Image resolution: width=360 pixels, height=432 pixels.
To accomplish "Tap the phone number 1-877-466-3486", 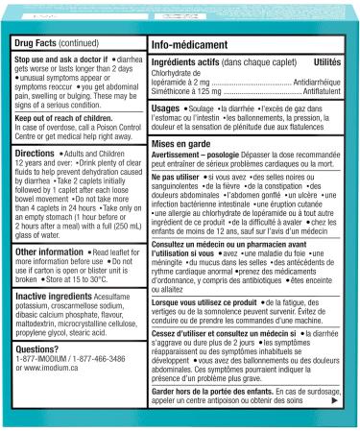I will coord(112,361).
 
